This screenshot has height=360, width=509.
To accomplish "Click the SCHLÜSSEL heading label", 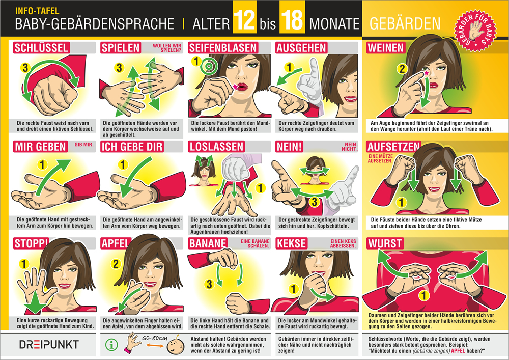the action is point(41,48).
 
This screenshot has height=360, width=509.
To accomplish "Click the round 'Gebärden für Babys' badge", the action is point(475,30).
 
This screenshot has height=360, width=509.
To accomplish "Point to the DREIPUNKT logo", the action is point(49,344).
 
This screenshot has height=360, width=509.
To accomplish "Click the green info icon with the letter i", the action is point(111,345).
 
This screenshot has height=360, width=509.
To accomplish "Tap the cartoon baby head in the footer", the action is point(176,346).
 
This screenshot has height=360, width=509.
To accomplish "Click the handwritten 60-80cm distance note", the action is point(155,338).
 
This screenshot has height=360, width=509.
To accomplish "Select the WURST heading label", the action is point(385,243).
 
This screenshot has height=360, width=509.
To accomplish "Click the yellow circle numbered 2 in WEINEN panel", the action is point(402,69).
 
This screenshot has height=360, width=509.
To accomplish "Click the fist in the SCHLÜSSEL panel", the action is point(55,94).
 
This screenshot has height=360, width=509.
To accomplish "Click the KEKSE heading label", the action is point(292,243).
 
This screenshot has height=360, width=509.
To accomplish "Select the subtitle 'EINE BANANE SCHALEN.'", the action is point(255,243).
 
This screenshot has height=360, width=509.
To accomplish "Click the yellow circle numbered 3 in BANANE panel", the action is point(209,284).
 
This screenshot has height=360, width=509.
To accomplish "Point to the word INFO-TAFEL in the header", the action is point(37,11).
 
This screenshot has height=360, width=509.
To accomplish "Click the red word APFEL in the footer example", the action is point(458,351).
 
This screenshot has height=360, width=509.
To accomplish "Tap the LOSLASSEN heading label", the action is point(216,147).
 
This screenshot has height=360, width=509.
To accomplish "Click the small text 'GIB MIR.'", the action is point(84,145).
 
